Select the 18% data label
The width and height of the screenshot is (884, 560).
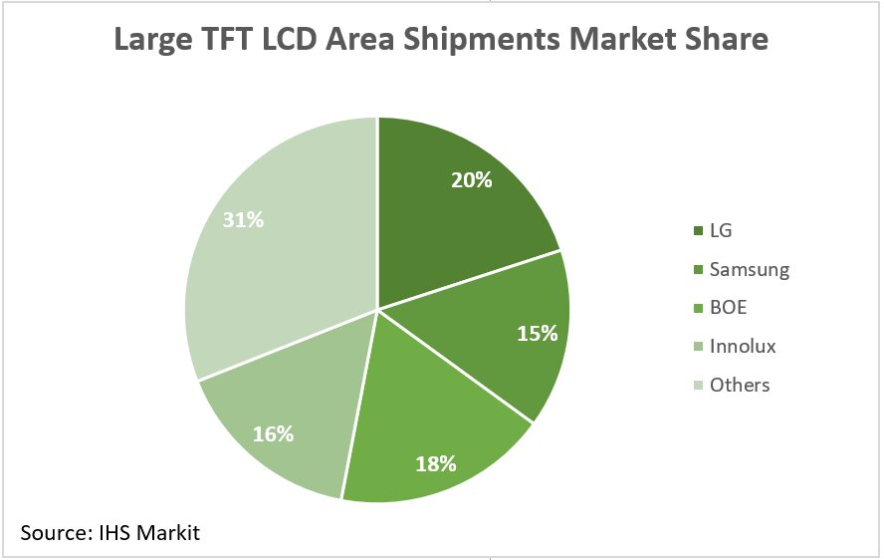point(436,462)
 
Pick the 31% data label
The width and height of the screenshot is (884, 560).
point(243,219)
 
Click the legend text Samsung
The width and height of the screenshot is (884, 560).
point(749,270)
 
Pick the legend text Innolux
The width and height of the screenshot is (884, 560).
point(743,347)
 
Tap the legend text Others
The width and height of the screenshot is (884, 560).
point(740,385)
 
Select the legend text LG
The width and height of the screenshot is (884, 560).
point(721,231)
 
